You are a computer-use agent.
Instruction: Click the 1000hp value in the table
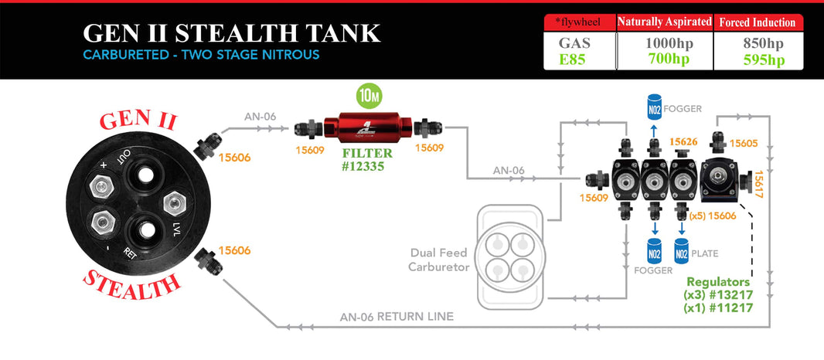[669, 43]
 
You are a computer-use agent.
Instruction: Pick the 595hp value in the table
[764, 59]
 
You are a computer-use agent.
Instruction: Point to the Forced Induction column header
[764, 22]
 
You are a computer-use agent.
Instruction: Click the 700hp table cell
[669, 59]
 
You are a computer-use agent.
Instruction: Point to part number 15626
[684, 141]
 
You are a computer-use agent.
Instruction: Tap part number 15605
[743, 143]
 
